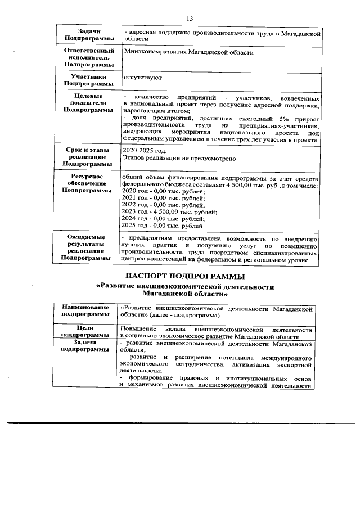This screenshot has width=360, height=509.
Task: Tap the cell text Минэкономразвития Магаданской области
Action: (x=188, y=53)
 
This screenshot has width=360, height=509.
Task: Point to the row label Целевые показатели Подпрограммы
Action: (x=87, y=103)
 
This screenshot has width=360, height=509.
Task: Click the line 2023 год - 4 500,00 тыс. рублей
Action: (x=169, y=212)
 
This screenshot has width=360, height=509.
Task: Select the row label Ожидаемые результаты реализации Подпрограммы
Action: (x=87, y=248)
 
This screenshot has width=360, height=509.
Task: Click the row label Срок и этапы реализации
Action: (x=87, y=157)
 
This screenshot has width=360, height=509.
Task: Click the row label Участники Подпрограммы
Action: (x=87, y=79)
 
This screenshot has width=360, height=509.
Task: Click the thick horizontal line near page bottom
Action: (x=180, y=422)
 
